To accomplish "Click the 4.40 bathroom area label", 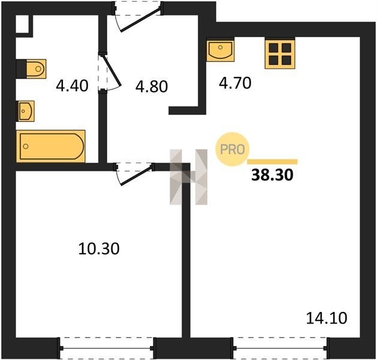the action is [x=72, y=86].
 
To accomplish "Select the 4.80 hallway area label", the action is [x=152, y=86].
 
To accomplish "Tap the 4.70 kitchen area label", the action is [x=235, y=83].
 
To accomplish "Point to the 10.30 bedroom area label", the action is [x=99, y=249].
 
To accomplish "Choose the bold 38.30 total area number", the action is [x=272, y=175].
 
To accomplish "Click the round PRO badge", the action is [x=233, y=149].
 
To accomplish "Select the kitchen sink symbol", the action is [x=220, y=51].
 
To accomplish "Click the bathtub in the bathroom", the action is [x=51, y=146].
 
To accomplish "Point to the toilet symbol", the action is [x=36, y=69].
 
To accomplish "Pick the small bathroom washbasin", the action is [x=25, y=111].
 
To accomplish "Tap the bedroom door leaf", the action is [x=136, y=175].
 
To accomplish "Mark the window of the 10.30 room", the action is [x=107, y=348].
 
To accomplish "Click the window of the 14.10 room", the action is [x=280, y=348].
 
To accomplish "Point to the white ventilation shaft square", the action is [x=22, y=24].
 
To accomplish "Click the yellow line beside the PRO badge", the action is [x=272, y=162].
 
